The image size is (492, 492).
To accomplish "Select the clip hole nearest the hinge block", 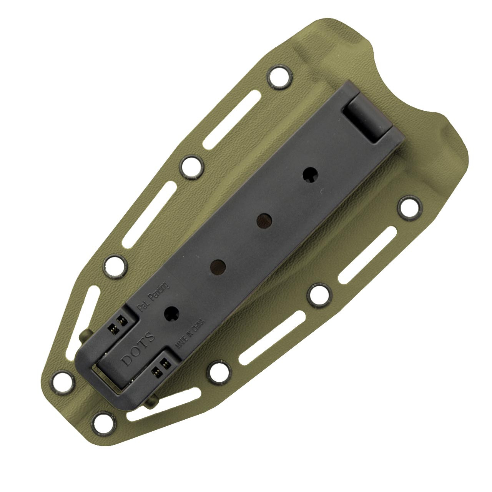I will [x=309, y=175].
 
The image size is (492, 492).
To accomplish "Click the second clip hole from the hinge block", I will [x=264, y=220].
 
